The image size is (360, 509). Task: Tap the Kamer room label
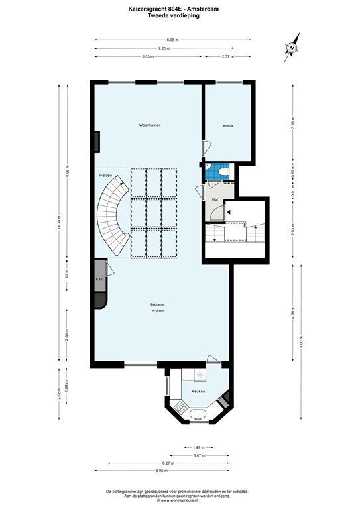(227, 125)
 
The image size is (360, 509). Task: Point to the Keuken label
(198, 392)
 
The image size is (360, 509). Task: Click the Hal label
(215, 199)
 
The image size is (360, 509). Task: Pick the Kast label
(99, 280)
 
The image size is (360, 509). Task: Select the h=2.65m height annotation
(158, 311)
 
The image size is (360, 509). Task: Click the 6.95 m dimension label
(162, 470)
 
